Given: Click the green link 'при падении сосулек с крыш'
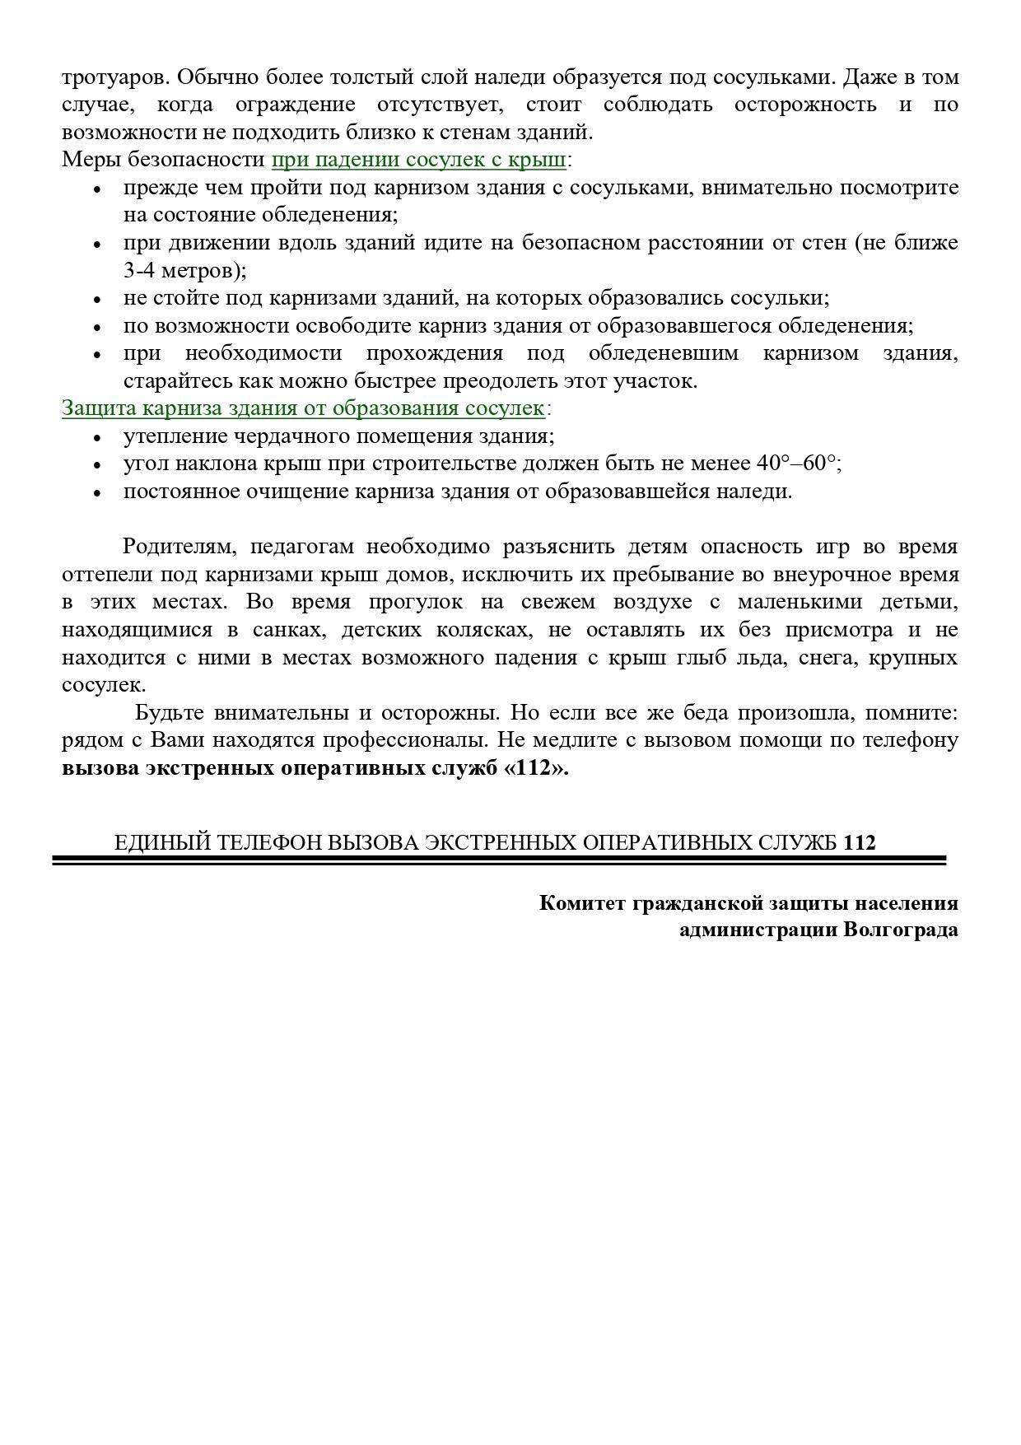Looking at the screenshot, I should click(x=418, y=159).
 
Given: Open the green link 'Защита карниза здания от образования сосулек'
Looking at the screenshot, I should click(x=303, y=408).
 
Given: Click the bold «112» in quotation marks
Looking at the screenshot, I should click(x=535, y=768).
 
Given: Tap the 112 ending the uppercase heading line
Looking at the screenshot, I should click(x=860, y=842).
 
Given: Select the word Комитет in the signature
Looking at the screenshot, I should click(x=583, y=903).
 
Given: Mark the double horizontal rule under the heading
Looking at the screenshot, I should click(x=499, y=860).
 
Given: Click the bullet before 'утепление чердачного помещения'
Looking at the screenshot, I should click(x=98, y=438).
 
